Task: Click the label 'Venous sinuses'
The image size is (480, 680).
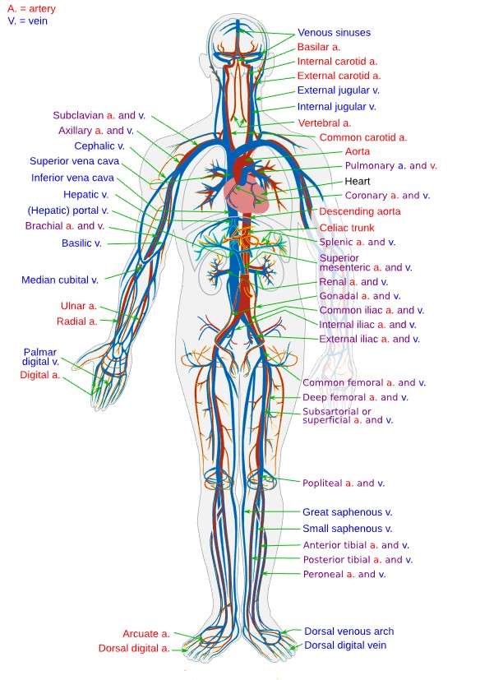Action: (334, 33)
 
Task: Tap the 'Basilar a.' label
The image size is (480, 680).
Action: (319, 48)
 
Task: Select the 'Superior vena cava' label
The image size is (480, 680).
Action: (72, 161)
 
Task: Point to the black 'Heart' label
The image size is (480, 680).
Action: (358, 181)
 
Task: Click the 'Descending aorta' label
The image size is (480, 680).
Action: (360, 211)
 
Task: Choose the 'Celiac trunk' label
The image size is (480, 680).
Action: (347, 228)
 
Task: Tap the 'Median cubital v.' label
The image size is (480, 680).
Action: (60, 280)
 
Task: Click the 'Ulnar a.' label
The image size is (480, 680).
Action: (79, 306)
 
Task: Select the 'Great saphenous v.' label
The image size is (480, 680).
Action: (348, 511)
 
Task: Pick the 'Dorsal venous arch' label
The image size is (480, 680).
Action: (348, 631)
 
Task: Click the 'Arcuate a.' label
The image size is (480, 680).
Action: (146, 634)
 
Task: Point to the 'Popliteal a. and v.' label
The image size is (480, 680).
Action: (344, 483)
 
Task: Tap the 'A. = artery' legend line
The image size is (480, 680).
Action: (31, 7)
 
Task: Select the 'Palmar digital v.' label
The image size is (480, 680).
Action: (41, 357)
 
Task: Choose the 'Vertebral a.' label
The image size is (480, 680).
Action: (325, 123)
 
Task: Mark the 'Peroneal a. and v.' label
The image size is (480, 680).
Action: (344, 574)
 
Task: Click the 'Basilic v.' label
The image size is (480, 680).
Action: (81, 243)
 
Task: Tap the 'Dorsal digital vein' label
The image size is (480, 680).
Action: (345, 645)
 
